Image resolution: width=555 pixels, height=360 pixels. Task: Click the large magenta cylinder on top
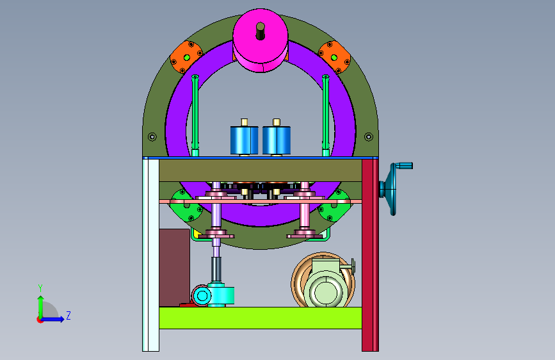pyautogui.click(x=261, y=41)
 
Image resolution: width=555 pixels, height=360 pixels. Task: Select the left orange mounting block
pyautogui.click(x=186, y=57)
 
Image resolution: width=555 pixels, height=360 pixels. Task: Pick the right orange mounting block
pyautogui.click(x=334, y=57)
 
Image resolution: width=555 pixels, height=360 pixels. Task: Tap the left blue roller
pyautogui.click(x=245, y=140)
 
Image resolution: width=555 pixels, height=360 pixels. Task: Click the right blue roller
pyautogui.click(x=277, y=140)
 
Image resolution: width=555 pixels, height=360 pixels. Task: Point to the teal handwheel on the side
pyautogui.click(x=389, y=189)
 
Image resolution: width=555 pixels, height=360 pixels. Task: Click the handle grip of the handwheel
pyautogui.click(x=404, y=165)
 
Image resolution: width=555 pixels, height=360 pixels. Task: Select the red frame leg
pyautogui.click(x=370, y=255)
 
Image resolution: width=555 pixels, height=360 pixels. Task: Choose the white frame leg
pyautogui.click(x=151, y=255)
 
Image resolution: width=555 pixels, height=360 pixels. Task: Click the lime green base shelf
pyautogui.click(x=261, y=318)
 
